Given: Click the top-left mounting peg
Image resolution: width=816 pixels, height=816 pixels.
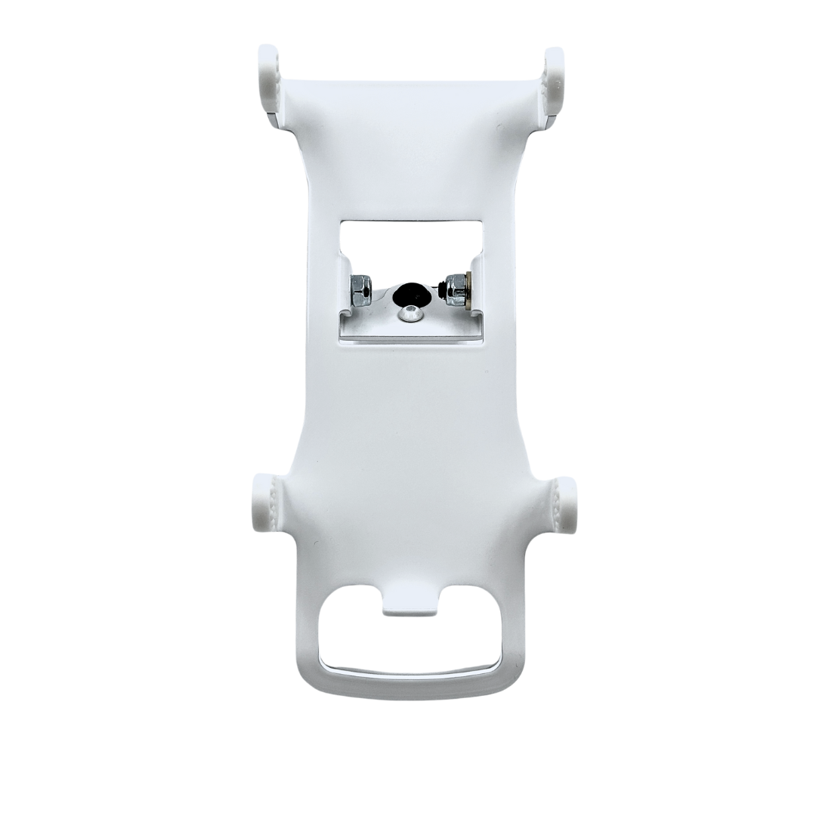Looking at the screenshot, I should (269, 79).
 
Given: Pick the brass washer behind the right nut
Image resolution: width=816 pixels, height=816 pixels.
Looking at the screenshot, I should (470, 290).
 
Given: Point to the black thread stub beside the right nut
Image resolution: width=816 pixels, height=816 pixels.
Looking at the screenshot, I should (440, 288).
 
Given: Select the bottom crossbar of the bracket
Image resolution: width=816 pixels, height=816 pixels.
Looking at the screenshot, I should (412, 684).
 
